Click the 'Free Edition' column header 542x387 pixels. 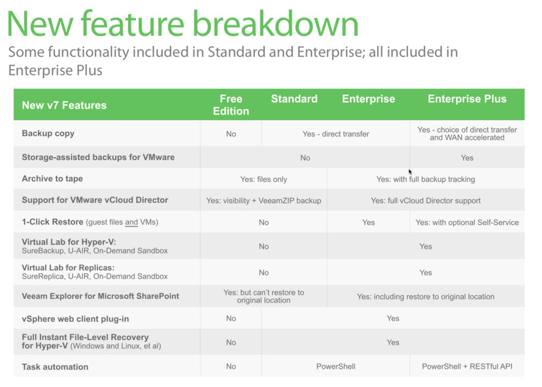[x=231, y=105]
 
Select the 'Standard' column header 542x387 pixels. [x=294, y=99]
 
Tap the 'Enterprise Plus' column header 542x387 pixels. [x=467, y=99]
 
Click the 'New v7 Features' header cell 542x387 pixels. [x=64, y=105]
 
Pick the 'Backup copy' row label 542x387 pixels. [x=48, y=133]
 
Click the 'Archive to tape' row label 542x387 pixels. [x=52, y=179]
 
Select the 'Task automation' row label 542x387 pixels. [x=55, y=367]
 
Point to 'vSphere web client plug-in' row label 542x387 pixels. [x=76, y=319]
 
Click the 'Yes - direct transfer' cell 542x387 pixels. [x=336, y=134]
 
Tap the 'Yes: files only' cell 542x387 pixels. [x=264, y=179]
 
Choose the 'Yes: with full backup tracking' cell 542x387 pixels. [x=425, y=179]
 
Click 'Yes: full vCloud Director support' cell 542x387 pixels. [x=425, y=201]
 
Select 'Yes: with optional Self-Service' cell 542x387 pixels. [x=467, y=223]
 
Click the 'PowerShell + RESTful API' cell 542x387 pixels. [x=467, y=367]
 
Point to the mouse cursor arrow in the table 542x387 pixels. [x=410, y=172]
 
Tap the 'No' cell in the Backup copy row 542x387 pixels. [x=231, y=134]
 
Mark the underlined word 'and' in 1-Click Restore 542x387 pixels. [x=132, y=222]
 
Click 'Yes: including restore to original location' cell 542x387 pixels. [x=425, y=297]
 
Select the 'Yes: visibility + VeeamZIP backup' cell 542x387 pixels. [x=264, y=201]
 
